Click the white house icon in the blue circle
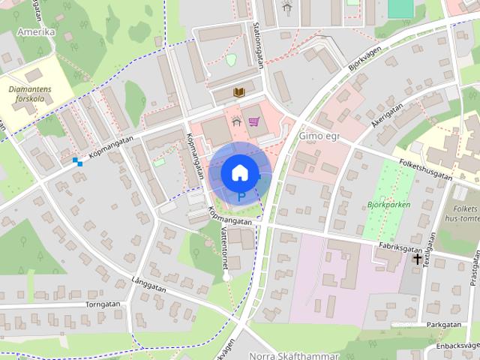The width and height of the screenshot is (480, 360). click(239, 172)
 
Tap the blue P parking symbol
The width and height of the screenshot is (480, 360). click(241, 197)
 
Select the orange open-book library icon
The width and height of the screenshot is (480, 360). click(239, 92)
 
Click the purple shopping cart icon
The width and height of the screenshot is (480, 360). click(254, 121)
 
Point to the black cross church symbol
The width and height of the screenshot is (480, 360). click(418, 259)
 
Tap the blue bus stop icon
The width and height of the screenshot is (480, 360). click(77, 160)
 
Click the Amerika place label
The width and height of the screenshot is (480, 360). click(35, 32)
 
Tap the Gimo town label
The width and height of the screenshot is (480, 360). click(319, 136)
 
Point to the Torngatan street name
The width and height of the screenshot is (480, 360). click(103, 305)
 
